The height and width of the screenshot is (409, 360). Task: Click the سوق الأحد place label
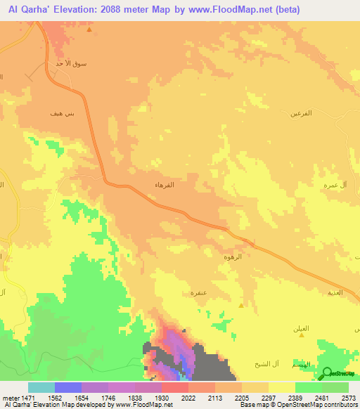pos(71,64)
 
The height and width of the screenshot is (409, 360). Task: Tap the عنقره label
pos(198,291)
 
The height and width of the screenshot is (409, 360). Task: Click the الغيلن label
pos(302,328)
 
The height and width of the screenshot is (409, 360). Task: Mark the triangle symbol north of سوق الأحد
pos(89,31)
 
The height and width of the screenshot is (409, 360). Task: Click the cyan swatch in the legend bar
pos(41,387)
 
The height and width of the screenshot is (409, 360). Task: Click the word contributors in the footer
pos(341,405)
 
